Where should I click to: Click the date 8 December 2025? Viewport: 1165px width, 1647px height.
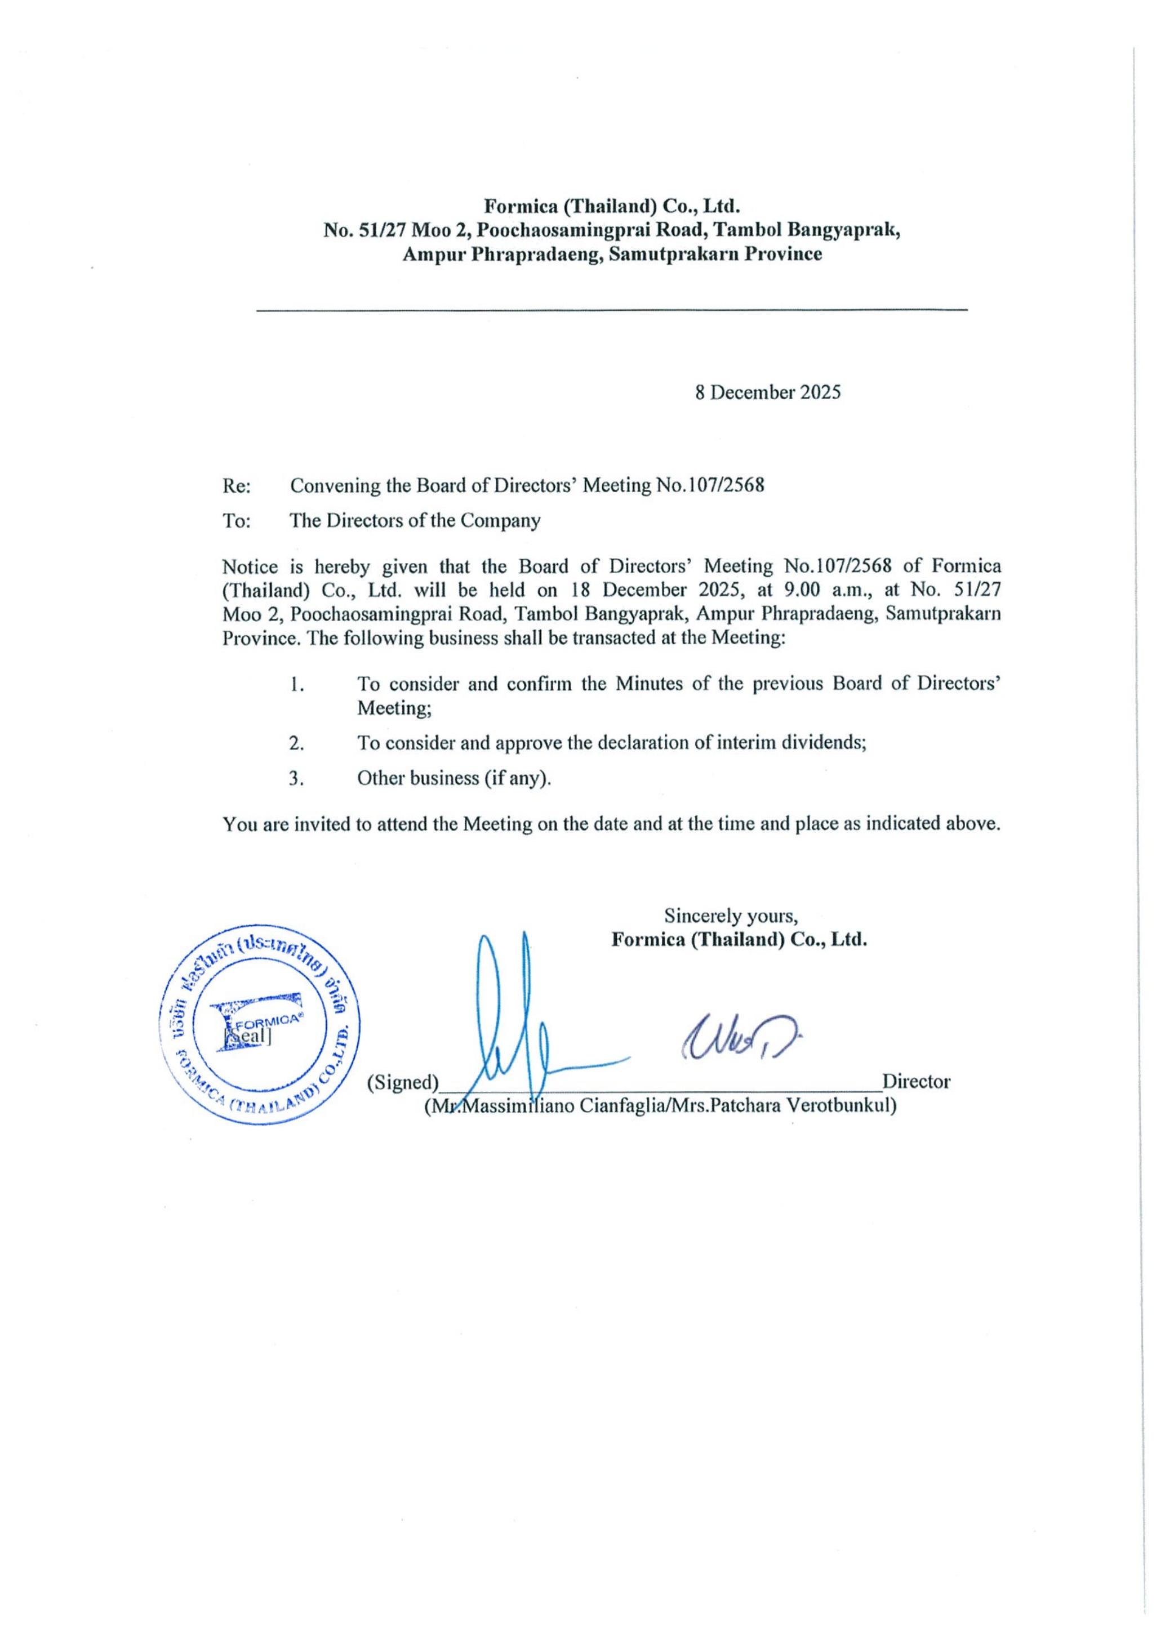(767, 392)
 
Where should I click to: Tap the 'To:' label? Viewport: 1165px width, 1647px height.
(236, 521)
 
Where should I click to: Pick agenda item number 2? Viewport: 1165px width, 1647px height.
(296, 743)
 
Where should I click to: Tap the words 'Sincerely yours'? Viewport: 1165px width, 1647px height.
(731, 916)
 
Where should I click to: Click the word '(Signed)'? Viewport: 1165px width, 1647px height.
(403, 1082)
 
